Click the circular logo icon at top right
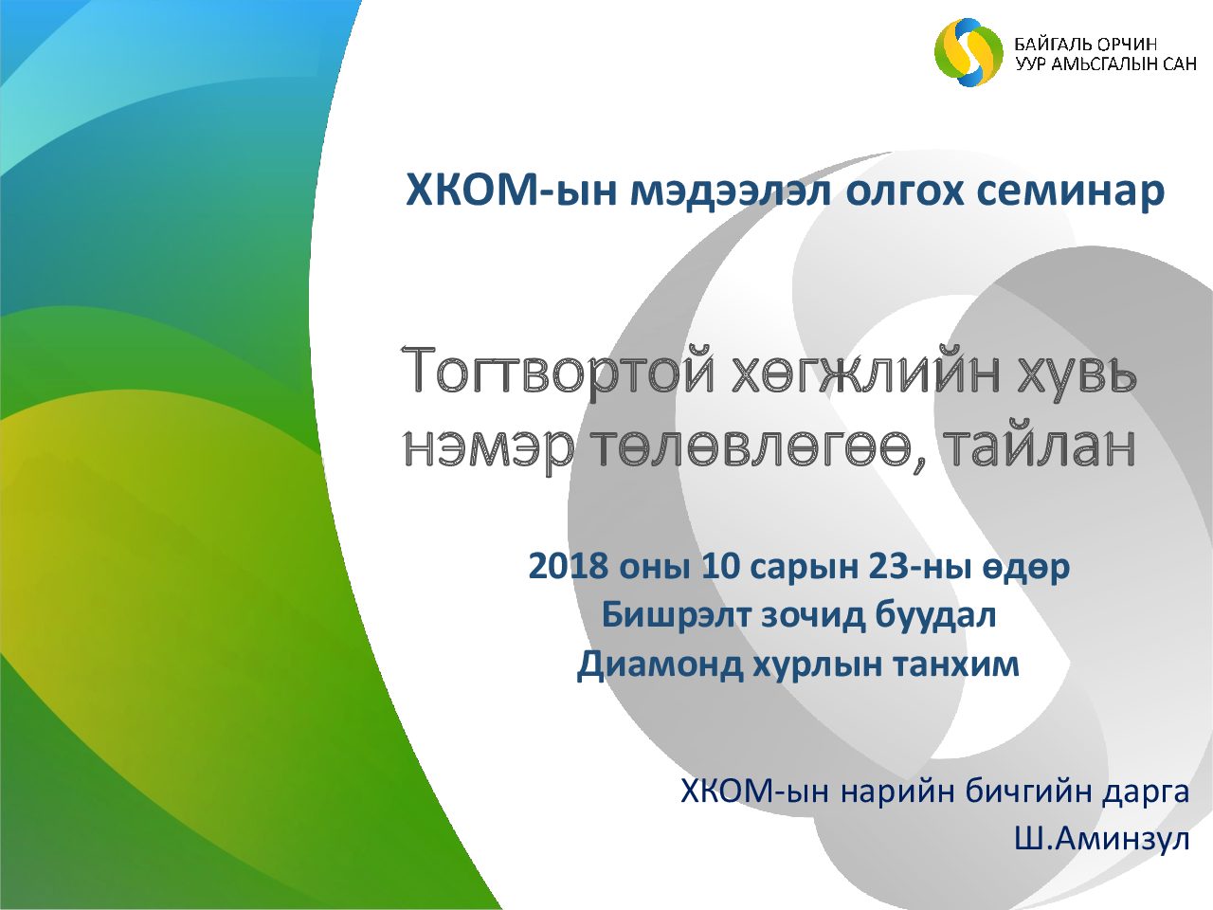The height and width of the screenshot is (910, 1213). tap(969, 52)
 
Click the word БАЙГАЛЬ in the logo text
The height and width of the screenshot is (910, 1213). tap(1051, 45)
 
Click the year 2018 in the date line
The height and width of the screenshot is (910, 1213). tap(568, 568)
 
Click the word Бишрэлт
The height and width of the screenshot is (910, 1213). tap(676, 616)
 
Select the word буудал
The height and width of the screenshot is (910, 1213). tap(934, 616)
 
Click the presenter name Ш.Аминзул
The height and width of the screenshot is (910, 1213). tap(1102, 841)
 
